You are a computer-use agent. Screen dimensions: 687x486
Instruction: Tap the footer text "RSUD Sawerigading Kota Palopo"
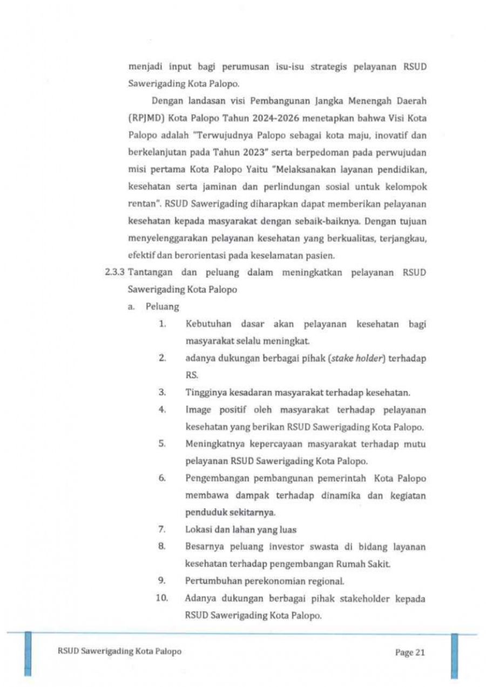[x=119, y=651]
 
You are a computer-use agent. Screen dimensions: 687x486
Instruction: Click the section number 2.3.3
[x=114, y=272]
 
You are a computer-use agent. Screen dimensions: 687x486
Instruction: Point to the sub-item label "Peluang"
[x=161, y=306]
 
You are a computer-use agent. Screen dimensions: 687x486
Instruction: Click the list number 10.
[x=164, y=598]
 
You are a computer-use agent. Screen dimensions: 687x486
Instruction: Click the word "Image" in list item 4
[x=197, y=410]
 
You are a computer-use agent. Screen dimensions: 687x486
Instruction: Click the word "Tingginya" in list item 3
[x=204, y=393]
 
